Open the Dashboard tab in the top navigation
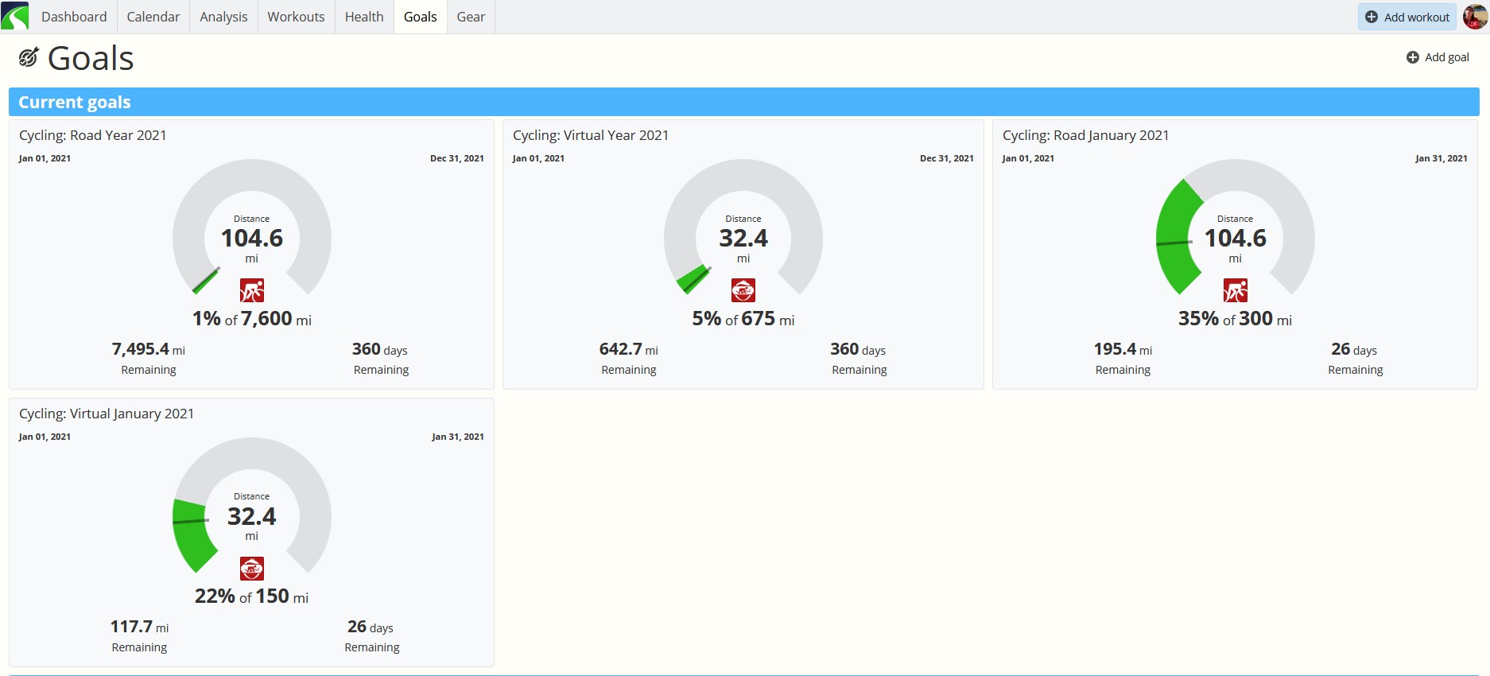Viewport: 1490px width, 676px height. pos(74,17)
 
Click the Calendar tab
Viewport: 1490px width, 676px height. pos(153,17)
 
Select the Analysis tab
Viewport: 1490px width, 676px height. pos(223,17)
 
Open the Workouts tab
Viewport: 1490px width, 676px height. pos(296,17)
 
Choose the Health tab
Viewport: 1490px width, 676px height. pos(364,17)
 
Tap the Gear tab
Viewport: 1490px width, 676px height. pos(471,17)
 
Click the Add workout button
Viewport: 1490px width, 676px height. pos(1407,17)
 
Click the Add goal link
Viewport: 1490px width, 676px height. pos(1438,57)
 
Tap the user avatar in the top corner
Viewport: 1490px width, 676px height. pos(1475,17)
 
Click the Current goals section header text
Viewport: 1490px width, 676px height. pos(75,102)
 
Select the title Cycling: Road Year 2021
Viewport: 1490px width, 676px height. pos(93,135)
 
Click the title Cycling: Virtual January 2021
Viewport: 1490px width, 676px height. pos(107,414)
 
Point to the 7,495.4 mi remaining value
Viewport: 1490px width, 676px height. pos(149,349)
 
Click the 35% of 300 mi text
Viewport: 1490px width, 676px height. pos(1235,319)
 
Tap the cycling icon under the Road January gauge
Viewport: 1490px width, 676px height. pos(1236,290)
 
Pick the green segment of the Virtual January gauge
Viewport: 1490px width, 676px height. pos(191,533)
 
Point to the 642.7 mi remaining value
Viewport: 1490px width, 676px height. pos(629,349)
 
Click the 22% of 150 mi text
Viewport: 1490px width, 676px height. pos(251,596)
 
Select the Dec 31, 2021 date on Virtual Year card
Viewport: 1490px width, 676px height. pos(947,158)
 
